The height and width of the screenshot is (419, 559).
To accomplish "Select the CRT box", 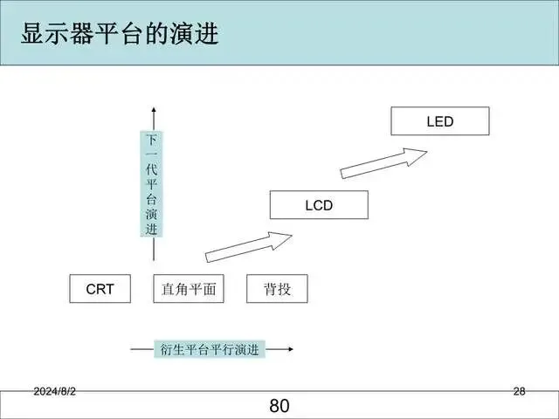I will (x=100, y=289).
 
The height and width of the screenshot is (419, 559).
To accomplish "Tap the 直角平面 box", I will (x=189, y=289).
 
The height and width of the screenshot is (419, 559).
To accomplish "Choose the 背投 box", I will (x=278, y=289).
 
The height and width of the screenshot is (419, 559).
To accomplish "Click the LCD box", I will (x=319, y=206).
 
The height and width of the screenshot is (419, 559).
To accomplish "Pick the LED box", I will (x=440, y=121).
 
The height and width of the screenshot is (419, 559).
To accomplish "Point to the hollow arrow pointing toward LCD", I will (x=249, y=246).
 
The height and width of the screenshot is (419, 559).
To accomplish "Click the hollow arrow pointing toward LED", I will (x=383, y=162).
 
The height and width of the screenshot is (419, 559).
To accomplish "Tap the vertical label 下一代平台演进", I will (x=152, y=185).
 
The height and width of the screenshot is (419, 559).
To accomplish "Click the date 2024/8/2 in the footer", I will (x=55, y=392).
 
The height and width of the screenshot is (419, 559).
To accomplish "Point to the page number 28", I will (x=519, y=392).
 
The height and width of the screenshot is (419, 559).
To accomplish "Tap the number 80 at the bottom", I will (x=279, y=406).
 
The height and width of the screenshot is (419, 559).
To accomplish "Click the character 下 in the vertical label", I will (x=152, y=140).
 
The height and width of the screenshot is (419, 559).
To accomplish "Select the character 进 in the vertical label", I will (x=152, y=230).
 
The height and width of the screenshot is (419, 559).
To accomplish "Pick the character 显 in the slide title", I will (x=33, y=34).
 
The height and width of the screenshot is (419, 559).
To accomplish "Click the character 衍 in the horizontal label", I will (x=165, y=350).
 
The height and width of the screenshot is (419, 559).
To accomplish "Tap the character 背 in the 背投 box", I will (x=270, y=289).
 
